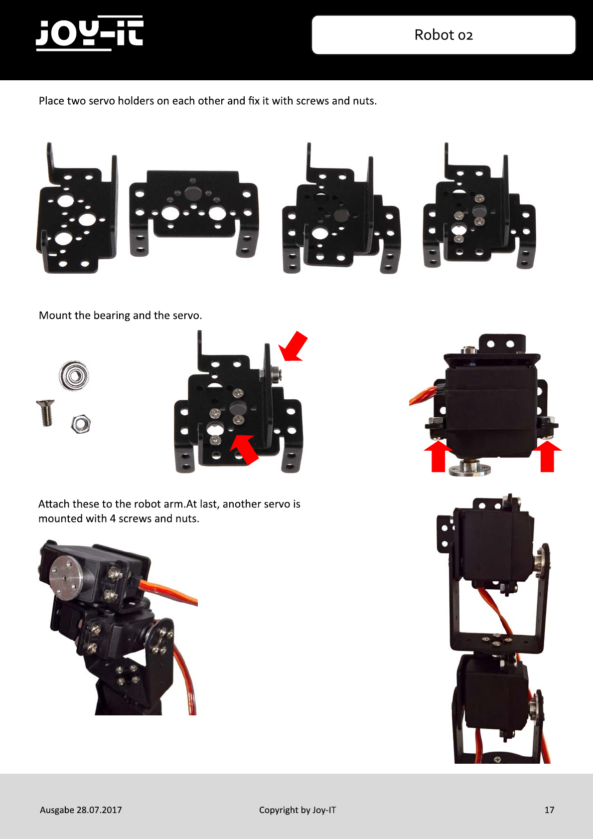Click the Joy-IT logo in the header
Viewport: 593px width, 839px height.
pos(90,33)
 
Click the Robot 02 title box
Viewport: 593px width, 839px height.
pos(444,35)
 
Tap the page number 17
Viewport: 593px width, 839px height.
pos(549,810)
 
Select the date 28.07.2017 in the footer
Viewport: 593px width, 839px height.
pos(99,810)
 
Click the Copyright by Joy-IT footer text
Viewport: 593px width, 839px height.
pos(297,810)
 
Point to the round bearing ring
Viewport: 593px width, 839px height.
pos(74,375)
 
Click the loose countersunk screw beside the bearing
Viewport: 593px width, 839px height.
pos(46,412)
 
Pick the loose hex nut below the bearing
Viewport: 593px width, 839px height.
pos(81,424)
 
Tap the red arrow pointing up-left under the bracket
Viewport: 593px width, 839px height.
pos(245,449)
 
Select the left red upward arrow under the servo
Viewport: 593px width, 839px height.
pos(438,456)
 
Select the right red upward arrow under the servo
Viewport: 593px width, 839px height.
pos(547,456)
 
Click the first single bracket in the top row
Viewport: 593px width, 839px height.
pos(77,208)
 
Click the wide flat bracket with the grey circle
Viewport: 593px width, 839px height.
pos(193,213)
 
